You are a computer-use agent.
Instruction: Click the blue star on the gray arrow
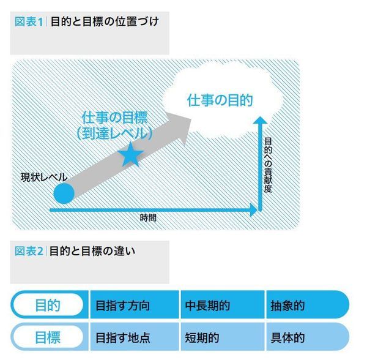pos(131,155)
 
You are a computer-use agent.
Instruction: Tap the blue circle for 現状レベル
pos(64,193)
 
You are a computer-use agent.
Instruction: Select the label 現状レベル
pos(44,178)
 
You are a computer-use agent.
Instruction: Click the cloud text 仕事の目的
pos(220,100)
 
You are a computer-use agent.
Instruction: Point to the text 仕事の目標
pos(115,118)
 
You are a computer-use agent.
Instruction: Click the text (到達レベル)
pos(115,133)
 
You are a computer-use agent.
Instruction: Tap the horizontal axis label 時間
pos(148,218)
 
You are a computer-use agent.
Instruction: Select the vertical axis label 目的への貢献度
pos(269,165)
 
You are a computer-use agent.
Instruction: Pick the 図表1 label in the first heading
pos(29,22)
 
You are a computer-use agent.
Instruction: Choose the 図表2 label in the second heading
pos(29,251)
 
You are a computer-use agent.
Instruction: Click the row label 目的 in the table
pos(48,306)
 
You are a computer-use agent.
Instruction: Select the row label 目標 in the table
pos(48,337)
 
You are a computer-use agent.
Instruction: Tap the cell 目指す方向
pos(123,306)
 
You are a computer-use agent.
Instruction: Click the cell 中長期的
pos(207,306)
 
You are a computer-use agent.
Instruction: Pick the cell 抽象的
pos(287,306)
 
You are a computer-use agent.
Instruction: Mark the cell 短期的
pos(202,338)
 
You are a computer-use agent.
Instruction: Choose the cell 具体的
pos(287,338)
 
